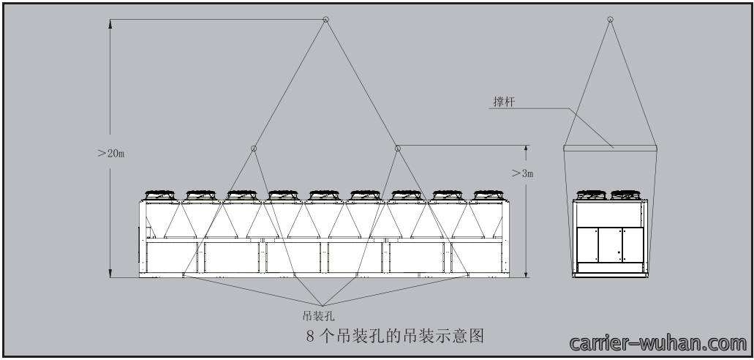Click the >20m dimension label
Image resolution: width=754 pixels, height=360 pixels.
[x=111, y=154]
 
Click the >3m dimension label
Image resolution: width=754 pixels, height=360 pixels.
[x=522, y=173]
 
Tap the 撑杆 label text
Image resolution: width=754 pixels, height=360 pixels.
[x=504, y=102]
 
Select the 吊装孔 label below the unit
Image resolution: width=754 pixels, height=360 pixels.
[x=318, y=316]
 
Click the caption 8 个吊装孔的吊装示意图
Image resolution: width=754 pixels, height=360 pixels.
[x=395, y=335]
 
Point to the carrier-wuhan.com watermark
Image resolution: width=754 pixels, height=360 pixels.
[x=657, y=344]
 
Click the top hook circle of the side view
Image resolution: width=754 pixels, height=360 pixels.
[x=325, y=19]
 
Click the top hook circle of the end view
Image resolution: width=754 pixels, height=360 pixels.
[x=610, y=19]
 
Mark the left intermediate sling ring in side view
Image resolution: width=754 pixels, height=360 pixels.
[x=254, y=149]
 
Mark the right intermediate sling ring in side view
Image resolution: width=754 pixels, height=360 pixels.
[x=398, y=149]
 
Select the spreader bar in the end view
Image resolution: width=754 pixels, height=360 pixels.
[x=610, y=149]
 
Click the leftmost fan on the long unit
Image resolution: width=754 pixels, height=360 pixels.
[x=160, y=195]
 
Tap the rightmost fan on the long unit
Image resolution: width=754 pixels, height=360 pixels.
[x=489, y=195]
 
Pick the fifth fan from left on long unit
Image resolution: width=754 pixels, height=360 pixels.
[x=324, y=195]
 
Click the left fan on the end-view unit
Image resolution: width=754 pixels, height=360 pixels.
[x=592, y=195]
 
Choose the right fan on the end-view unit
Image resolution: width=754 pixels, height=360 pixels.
[x=625, y=195]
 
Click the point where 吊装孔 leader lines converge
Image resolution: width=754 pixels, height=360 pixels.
[x=323, y=306]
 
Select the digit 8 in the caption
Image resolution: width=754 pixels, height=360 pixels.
[x=310, y=336]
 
